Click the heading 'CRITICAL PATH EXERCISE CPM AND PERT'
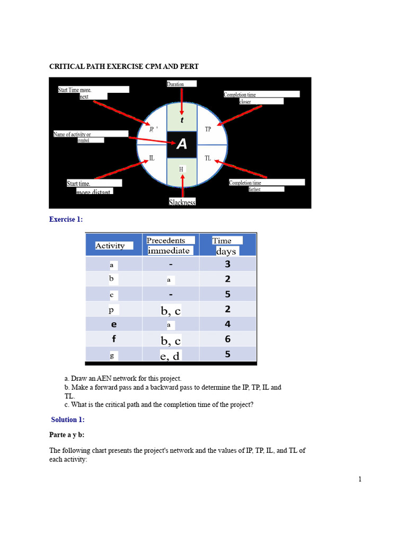(x=124, y=66)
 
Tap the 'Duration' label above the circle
(x=176, y=84)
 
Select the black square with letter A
(x=182, y=144)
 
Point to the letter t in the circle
(x=182, y=120)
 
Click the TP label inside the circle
(x=208, y=129)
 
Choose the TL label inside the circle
(x=208, y=158)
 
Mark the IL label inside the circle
(x=152, y=158)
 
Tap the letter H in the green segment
(x=181, y=169)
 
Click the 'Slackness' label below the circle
(x=182, y=202)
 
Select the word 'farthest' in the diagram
(x=255, y=189)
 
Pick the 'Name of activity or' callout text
(x=73, y=134)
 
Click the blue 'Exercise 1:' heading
(x=66, y=219)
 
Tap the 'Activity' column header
(x=110, y=246)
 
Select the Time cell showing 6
(x=227, y=339)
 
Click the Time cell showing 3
(x=227, y=264)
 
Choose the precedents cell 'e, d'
(x=170, y=356)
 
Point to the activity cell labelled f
(x=113, y=339)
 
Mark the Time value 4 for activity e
(x=227, y=324)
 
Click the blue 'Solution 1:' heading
(x=68, y=419)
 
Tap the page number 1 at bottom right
(x=360, y=479)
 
